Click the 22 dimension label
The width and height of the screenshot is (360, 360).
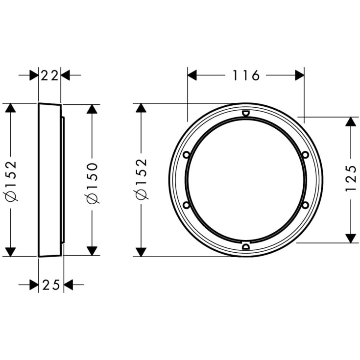49,75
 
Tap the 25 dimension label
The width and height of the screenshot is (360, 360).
51,285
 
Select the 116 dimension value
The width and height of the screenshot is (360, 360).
246,75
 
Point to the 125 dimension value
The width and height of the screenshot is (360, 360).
351,178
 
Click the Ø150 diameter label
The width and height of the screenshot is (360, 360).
92,183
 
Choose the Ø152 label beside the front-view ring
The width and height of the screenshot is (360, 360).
141,179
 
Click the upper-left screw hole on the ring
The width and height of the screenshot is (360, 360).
187,155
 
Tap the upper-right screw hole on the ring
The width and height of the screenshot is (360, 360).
305,155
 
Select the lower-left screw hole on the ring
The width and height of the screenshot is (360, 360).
186,205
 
